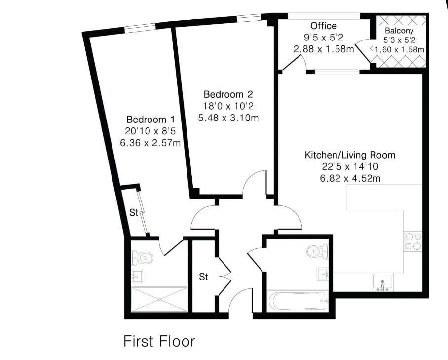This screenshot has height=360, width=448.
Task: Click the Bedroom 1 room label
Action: click(150, 119)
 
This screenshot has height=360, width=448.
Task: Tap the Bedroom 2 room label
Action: click(228, 94)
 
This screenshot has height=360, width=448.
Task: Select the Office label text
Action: click(324, 26)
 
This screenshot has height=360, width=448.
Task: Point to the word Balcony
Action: click(399, 30)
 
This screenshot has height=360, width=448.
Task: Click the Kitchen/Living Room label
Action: click(350, 155)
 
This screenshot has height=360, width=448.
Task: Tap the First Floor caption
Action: click(159, 341)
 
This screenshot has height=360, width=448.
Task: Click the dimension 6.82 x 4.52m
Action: click(350, 178)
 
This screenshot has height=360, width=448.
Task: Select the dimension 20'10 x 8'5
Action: click(150, 131)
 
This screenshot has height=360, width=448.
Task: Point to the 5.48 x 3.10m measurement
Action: click(228, 118)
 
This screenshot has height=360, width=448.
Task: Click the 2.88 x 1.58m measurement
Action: click(324, 49)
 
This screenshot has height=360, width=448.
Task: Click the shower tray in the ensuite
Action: click(159, 299)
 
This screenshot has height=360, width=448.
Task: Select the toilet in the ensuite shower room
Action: click(142, 258)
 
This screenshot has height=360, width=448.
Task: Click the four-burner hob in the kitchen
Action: click(413, 241)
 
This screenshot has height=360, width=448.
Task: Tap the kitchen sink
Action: click(382, 282)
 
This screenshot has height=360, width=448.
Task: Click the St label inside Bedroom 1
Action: click(134, 213)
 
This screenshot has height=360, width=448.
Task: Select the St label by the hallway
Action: click(203, 277)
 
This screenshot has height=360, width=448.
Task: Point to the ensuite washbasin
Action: click(137, 276)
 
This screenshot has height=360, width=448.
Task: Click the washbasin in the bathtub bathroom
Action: click(323, 275)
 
